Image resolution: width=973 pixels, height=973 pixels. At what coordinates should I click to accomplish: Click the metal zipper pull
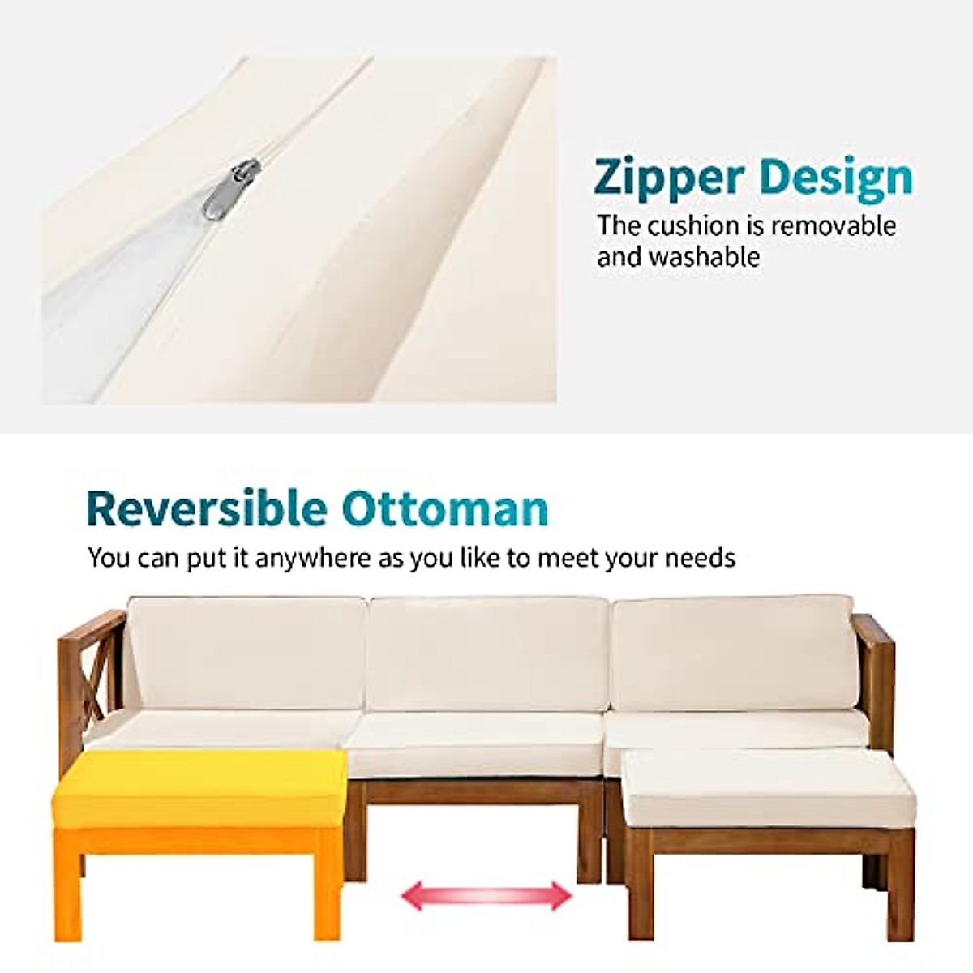click(231, 190)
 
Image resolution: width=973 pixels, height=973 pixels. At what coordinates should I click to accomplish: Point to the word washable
click(704, 256)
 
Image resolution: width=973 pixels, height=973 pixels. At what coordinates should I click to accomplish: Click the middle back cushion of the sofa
click(486, 654)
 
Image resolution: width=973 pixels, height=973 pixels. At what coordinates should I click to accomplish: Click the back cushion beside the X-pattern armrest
click(246, 654)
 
